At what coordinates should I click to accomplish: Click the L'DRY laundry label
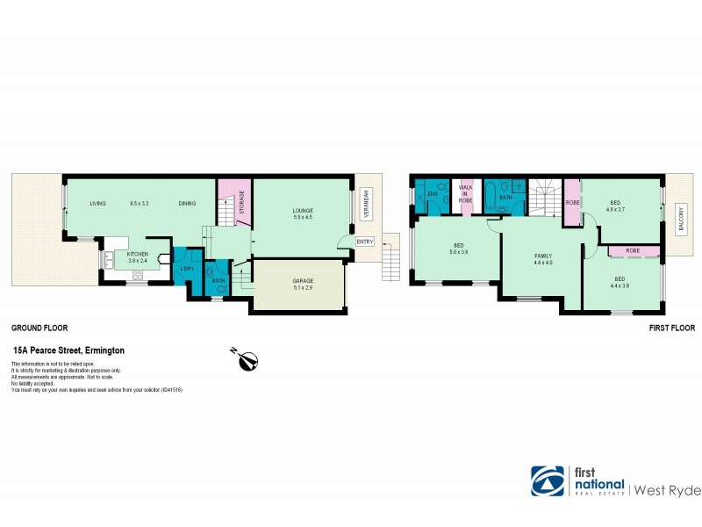(x=187, y=268)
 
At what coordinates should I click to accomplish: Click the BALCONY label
(x=680, y=220)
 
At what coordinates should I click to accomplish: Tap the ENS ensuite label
(x=433, y=194)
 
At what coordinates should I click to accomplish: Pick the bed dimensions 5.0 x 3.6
(x=458, y=252)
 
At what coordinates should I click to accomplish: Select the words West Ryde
(x=663, y=487)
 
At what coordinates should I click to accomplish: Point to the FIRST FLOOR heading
(x=671, y=328)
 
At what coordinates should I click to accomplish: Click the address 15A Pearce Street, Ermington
(x=68, y=350)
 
